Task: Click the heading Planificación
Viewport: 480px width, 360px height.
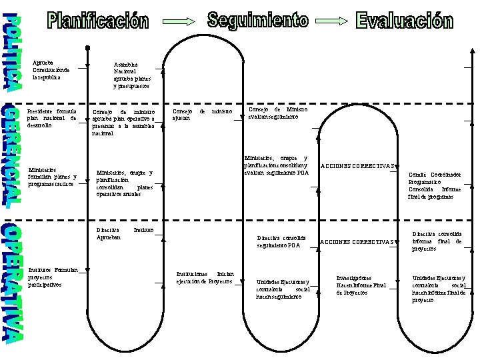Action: point(98,21)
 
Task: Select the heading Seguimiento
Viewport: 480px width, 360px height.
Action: point(258,20)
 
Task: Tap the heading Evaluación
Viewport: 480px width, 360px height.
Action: point(404,21)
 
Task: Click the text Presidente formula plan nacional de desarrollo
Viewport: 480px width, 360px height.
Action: point(51,117)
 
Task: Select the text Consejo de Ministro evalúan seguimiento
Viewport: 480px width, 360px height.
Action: point(277,113)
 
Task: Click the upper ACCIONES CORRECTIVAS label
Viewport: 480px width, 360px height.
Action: point(359,166)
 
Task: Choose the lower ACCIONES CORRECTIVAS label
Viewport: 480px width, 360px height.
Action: point(359,241)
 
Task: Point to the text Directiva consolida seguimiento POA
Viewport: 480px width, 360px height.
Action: point(281,241)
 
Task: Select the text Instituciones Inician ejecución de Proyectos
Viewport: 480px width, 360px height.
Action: point(204,277)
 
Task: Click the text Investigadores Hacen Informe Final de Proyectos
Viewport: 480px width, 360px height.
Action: point(361,285)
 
